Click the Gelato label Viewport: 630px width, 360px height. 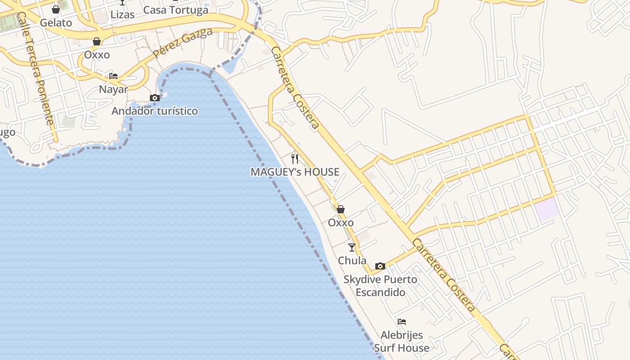[x=56, y=22]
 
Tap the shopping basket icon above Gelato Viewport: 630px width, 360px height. [x=56, y=9]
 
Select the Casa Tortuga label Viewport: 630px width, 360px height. [x=175, y=10]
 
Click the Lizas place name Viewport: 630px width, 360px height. [x=122, y=14]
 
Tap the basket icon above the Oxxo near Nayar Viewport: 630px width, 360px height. [x=97, y=42]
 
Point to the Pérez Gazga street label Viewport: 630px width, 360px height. [x=182, y=43]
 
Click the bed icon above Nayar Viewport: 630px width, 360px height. [x=113, y=76]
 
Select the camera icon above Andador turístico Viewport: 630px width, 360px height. [x=154, y=98]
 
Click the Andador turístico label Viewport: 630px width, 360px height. [x=154, y=111]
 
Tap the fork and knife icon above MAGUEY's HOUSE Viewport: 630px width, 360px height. [x=295, y=158]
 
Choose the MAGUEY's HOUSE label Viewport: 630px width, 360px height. [x=295, y=171]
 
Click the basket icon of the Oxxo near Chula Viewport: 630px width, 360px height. [x=341, y=209]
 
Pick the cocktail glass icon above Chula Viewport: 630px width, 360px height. [x=352, y=247]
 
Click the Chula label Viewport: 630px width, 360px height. [x=352, y=261]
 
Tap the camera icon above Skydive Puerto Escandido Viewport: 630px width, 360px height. [x=380, y=266]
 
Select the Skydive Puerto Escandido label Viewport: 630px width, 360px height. [x=380, y=286]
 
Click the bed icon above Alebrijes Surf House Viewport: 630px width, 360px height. [x=402, y=322]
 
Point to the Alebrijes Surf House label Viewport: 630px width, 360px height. [x=402, y=341]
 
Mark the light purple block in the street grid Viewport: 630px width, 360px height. [x=547, y=209]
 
